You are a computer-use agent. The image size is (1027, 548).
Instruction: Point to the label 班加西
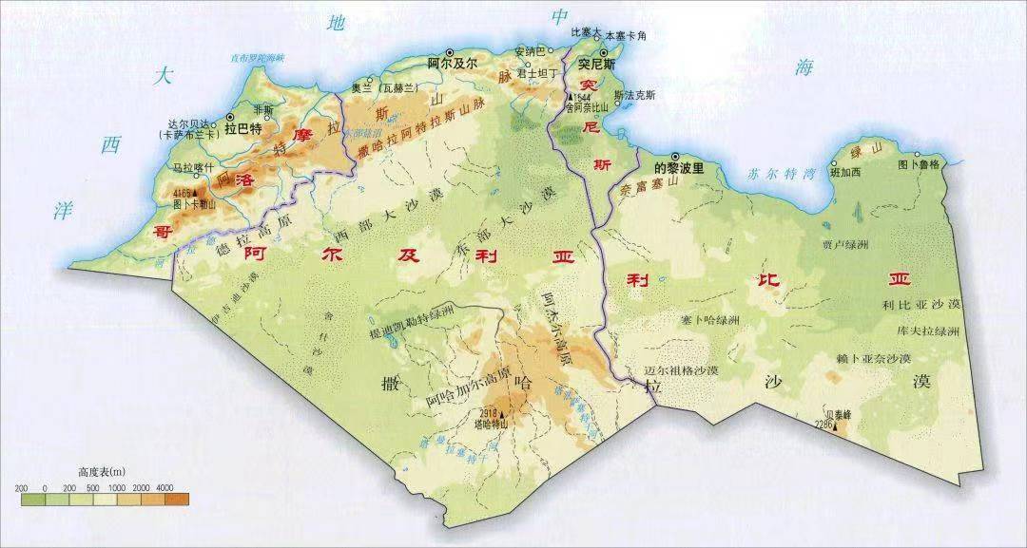(x=844, y=172)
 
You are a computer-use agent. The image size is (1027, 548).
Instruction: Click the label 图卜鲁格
(x=919, y=164)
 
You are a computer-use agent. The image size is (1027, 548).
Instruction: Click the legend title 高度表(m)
(x=103, y=471)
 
